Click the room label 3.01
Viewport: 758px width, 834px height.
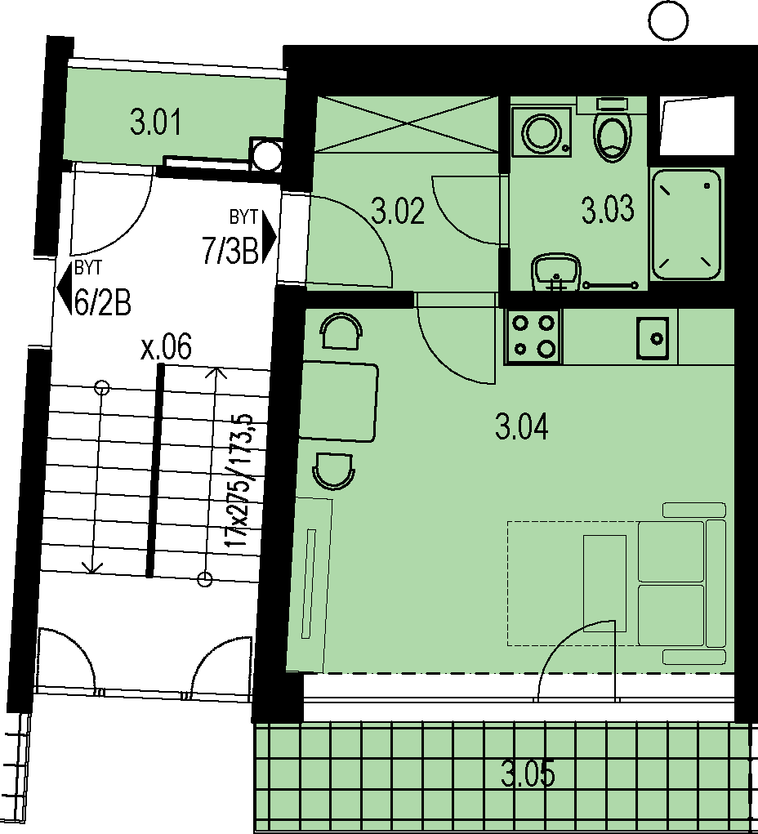click(x=155, y=122)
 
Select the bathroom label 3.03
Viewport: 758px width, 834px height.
click(x=608, y=209)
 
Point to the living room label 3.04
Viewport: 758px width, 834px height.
click(x=521, y=427)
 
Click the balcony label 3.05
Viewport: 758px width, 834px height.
click(x=528, y=774)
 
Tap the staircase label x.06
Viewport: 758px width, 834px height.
click(x=166, y=347)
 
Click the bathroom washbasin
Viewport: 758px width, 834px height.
click(x=556, y=270)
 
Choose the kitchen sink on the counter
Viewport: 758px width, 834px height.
click(x=652, y=338)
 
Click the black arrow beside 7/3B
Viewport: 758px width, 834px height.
click(x=270, y=237)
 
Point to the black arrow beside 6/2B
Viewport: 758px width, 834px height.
click(x=64, y=288)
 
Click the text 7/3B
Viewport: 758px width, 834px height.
click(x=230, y=250)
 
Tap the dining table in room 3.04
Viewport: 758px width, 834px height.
click(x=338, y=402)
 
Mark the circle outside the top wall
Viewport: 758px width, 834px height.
click(x=669, y=20)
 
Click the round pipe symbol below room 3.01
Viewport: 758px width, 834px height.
click(x=266, y=155)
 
